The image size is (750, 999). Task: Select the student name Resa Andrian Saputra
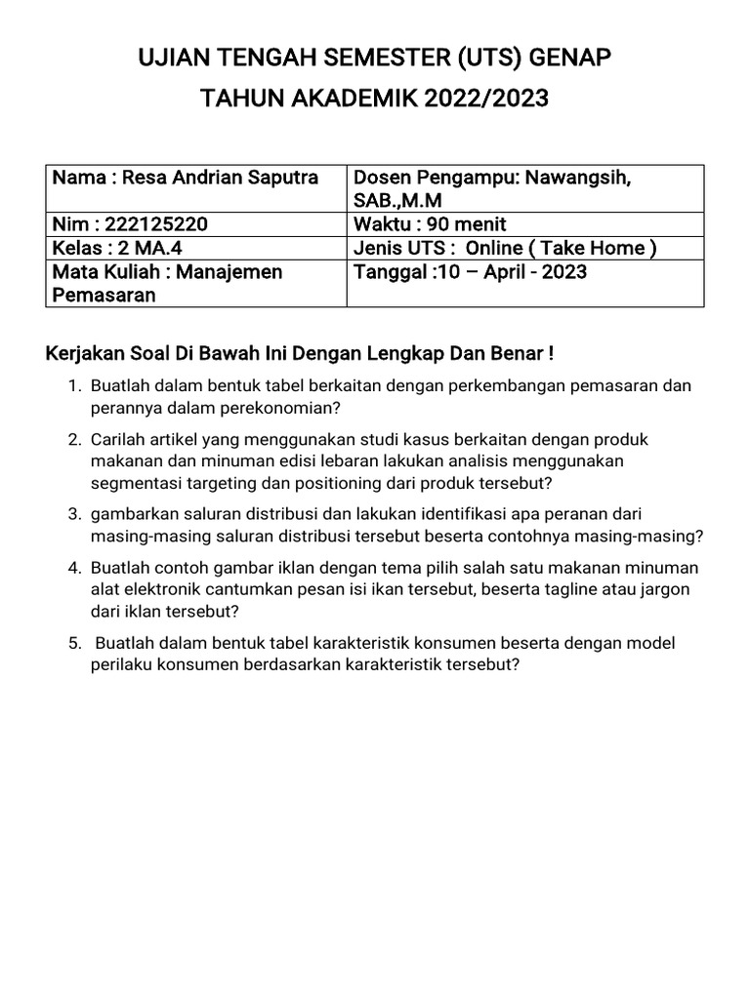[x=220, y=178]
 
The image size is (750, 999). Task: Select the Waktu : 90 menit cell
[x=430, y=224]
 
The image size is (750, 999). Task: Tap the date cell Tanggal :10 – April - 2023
[x=470, y=271]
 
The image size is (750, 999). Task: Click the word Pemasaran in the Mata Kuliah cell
[x=104, y=295]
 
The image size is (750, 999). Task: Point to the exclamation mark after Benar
[x=551, y=351]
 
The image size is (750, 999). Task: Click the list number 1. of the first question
[x=74, y=385]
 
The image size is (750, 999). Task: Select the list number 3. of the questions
[x=74, y=514]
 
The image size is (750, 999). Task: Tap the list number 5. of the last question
[x=74, y=643]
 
